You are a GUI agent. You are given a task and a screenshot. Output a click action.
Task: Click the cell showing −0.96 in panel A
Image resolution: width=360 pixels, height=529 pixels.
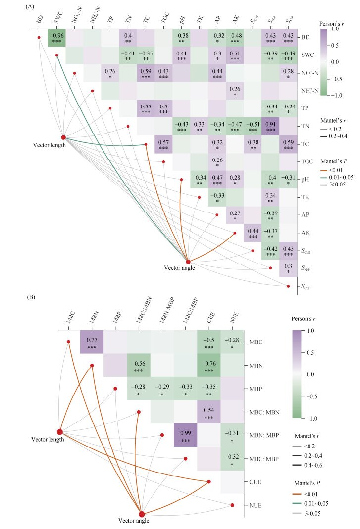tap(56, 38)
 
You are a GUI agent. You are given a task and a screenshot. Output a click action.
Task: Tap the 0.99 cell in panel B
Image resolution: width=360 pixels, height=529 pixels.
tap(185, 435)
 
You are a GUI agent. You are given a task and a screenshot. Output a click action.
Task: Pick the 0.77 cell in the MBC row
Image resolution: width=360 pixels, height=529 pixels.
tap(92, 342)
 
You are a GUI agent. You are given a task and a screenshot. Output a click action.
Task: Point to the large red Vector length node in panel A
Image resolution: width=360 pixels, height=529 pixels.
tap(63, 137)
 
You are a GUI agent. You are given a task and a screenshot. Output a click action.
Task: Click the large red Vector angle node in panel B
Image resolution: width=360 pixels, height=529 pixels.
tap(142, 514)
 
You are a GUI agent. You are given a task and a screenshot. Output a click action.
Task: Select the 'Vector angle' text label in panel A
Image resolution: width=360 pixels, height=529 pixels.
tap(179, 268)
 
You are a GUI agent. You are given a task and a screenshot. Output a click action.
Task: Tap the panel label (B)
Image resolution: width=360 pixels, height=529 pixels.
tap(31, 297)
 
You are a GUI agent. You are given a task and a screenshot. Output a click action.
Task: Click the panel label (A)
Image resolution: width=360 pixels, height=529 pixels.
tap(30, 6)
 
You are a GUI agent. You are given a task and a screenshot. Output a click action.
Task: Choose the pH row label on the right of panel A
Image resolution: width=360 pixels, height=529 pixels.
tap(305, 179)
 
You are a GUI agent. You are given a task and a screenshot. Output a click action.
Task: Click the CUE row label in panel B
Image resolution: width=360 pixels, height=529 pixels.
tap(255, 482)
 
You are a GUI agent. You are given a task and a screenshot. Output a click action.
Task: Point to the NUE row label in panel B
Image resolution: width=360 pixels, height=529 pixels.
tap(256, 505)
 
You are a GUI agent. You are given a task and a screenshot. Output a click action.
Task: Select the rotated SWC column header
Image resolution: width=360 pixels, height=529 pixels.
tap(59, 17)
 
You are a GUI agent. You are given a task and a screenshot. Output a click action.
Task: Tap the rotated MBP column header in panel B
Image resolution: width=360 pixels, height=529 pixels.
tap(117, 318)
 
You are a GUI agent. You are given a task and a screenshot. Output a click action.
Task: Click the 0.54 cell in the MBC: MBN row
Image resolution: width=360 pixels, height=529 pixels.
tap(209, 412)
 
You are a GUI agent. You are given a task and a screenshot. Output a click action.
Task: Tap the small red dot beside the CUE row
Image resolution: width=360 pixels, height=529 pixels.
tap(209, 482)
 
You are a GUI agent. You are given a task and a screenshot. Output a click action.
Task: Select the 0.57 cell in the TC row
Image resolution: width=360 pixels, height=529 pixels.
tap(163, 144)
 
